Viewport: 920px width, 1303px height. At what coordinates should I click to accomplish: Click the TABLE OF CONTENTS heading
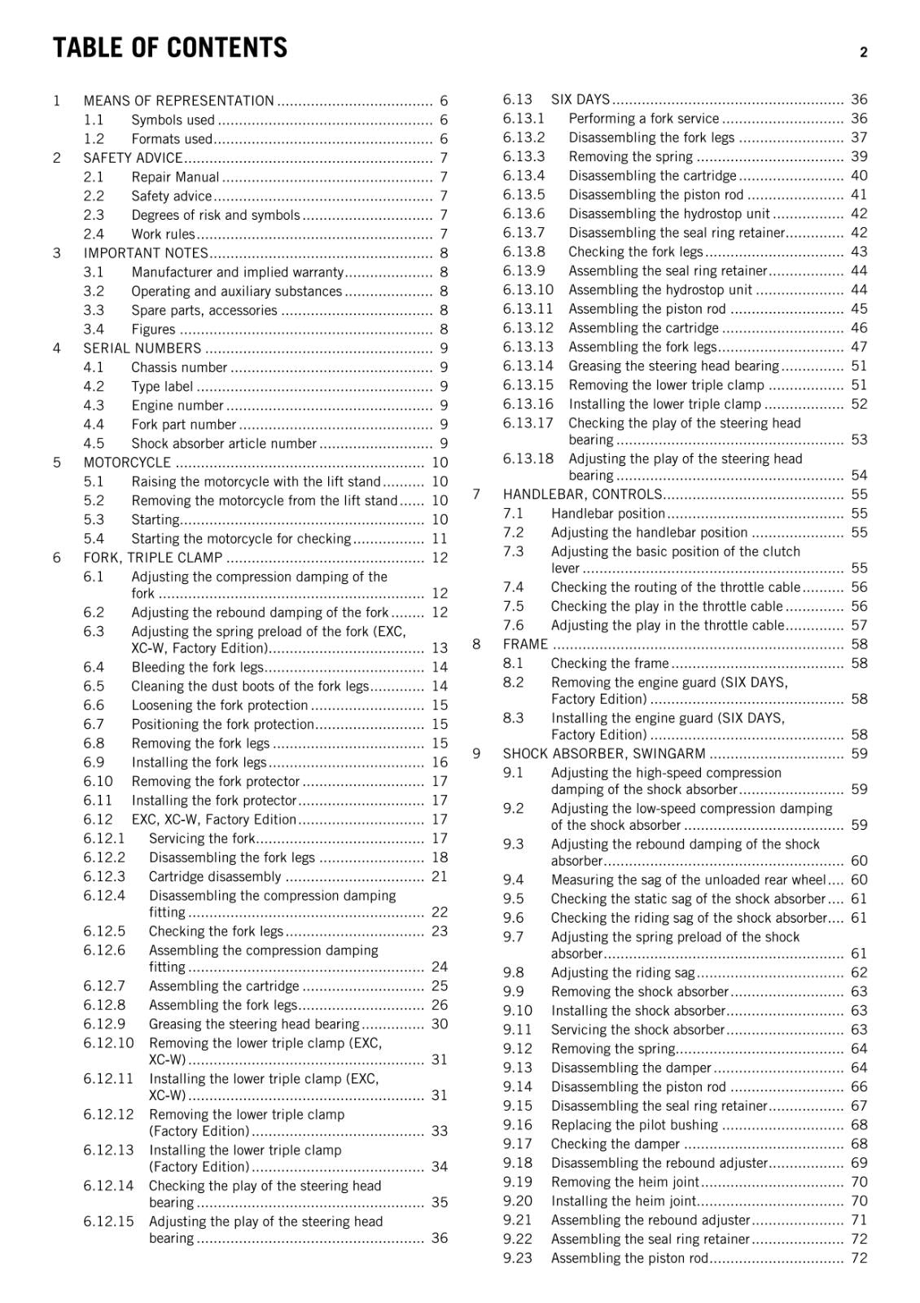click(170, 48)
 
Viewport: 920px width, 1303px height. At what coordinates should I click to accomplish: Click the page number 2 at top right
click(863, 53)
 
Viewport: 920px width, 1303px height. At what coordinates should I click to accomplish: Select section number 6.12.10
click(108, 1043)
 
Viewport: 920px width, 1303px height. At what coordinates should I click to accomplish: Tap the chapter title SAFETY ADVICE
click(133, 158)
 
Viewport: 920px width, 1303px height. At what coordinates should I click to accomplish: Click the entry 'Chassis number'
click(179, 367)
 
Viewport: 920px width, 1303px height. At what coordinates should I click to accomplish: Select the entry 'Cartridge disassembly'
click(215, 877)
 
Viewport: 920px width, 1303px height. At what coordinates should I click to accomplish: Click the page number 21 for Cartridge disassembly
click(440, 877)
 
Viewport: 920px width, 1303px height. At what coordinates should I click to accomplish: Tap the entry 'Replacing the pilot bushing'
click(634, 1125)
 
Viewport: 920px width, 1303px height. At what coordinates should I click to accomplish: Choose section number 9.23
click(517, 1258)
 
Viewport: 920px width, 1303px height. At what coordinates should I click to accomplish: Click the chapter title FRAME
click(525, 644)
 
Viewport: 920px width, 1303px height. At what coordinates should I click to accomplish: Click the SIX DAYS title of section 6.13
click(580, 99)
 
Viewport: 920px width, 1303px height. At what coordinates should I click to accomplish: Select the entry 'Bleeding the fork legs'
click(197, 668)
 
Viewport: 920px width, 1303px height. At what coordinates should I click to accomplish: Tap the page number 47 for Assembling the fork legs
click(859, 347)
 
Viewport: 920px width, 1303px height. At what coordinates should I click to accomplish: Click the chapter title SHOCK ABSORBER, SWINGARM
click(604, 754)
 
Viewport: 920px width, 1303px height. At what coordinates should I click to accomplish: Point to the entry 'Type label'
click(162, 387)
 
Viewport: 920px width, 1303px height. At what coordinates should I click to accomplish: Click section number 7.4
click(513, 587)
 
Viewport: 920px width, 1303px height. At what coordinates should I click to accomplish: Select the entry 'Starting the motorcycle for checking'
click(241, 539)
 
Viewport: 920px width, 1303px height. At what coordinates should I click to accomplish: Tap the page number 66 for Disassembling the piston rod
click(859, 1087)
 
